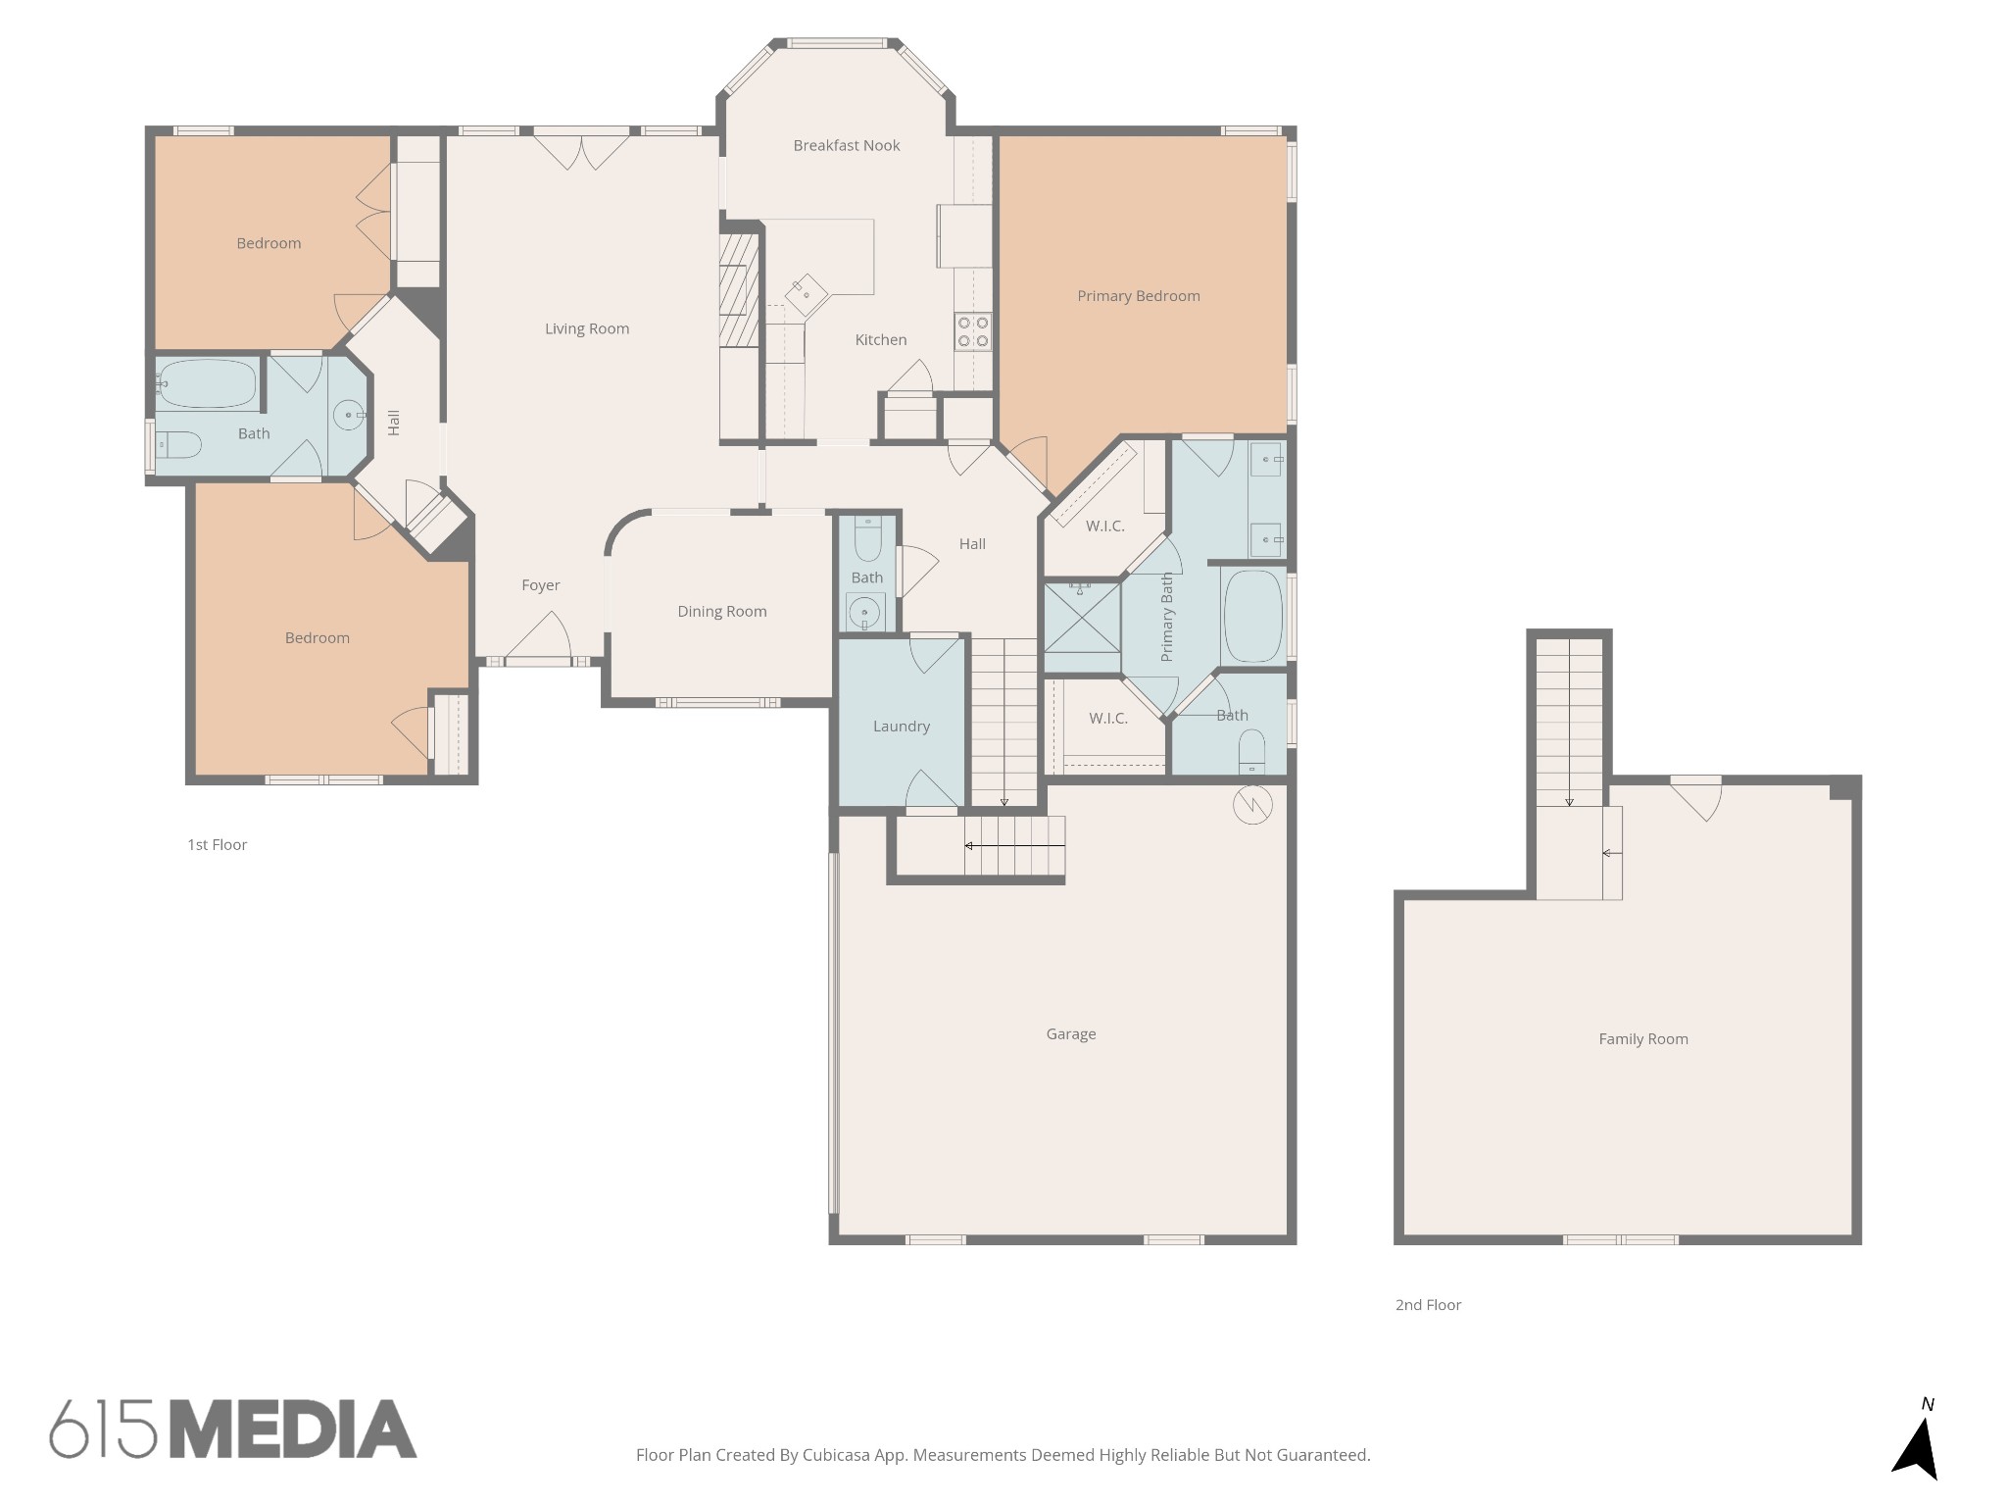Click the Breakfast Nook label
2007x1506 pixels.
846,145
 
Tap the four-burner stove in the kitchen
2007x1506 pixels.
973,331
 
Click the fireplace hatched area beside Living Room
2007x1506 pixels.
738,290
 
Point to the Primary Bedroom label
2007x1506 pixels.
1138,296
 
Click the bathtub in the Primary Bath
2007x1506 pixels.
1252,617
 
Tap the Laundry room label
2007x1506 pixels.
901,727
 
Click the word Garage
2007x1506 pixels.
1070,1033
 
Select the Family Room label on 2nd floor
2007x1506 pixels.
1642,1039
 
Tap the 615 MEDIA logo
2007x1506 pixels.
233,1429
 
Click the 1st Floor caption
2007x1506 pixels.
217,844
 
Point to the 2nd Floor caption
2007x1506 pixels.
1427,1305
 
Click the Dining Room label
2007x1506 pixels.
721,612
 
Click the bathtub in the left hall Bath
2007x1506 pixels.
208,383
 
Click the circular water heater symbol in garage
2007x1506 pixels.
1251,805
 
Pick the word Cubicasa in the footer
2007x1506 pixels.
838,1455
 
